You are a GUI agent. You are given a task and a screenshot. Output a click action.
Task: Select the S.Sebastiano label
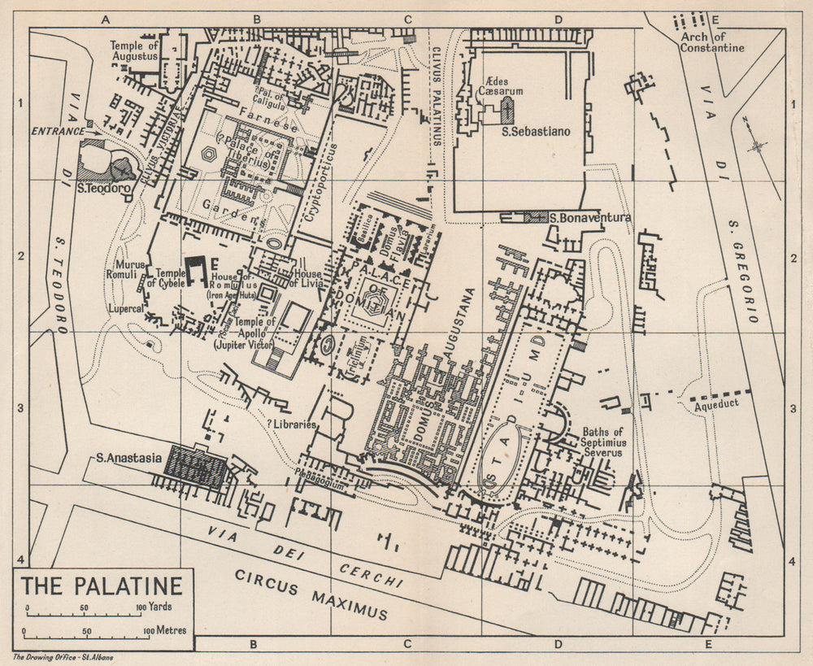pyautogui.click(x=536, y=131)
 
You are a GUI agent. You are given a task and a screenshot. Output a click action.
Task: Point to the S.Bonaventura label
pyautogui.click(x=590, y=218)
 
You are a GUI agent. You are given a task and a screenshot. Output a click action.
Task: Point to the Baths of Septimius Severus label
pyautogui.click(x=602, y=442)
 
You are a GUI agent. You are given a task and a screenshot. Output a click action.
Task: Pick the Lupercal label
pyautogui.click(x=124, y=309)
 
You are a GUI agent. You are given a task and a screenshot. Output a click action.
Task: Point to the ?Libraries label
pyautogui.click(x=292, y=424)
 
